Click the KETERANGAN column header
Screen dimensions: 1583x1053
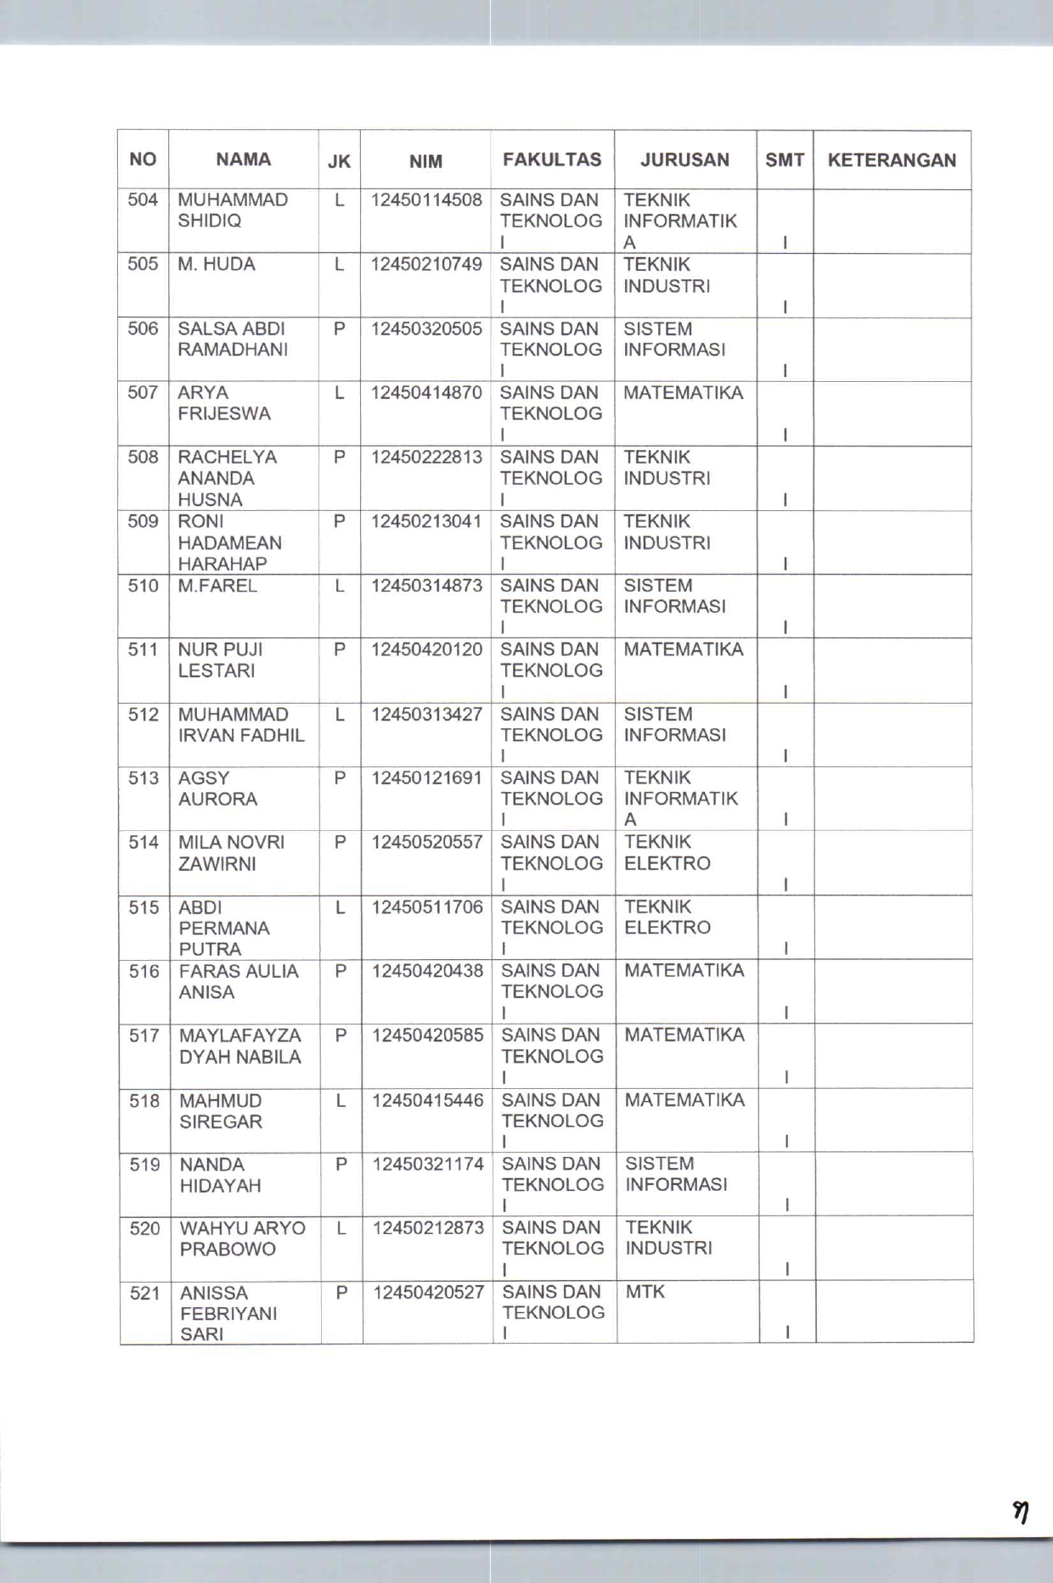click(892, 160)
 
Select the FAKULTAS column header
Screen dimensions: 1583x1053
click(552, 160)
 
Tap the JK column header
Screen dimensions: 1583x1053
click(339, 161)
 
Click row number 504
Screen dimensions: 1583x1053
click(143, 200)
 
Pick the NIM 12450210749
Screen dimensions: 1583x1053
click(426, 265)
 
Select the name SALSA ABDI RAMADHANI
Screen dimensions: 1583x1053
click(233, 340)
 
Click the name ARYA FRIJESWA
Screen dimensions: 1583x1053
click(224, 403)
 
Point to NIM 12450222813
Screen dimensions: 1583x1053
click(426, 457)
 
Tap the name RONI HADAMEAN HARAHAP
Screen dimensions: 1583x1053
click(229, 542)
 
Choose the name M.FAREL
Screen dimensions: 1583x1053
click(217, 586)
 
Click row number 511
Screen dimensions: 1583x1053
click(143, 650)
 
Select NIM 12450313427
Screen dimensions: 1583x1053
click(426, 715)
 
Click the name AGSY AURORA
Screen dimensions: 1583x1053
click(218, 789)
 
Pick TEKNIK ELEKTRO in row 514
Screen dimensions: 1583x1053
click(667, 853)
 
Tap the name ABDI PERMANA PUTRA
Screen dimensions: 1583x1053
click(223, 928)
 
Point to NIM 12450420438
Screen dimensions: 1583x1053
click(427, 971)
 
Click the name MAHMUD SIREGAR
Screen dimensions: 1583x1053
click(221, 1111)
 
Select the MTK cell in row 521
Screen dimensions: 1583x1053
click(645, 1292)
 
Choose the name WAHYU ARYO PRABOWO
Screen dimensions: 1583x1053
click(242, 1238)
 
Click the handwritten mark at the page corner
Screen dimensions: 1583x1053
click(1022, 1512)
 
